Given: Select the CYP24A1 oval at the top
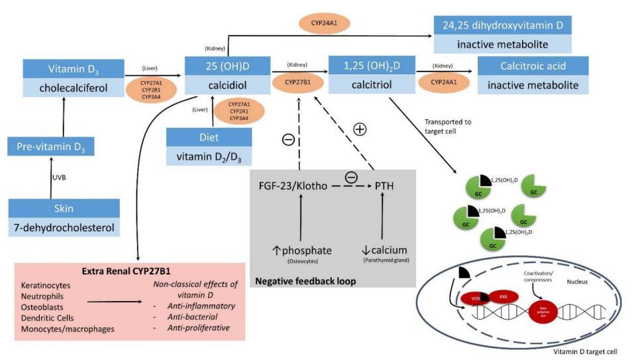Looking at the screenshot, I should coord(325,24).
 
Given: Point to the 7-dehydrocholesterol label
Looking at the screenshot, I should coord(64,228).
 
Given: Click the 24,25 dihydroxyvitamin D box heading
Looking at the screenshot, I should coord(502,25).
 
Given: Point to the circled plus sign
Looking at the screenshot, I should coord(360,129).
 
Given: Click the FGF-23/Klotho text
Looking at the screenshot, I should coord(293,186).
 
